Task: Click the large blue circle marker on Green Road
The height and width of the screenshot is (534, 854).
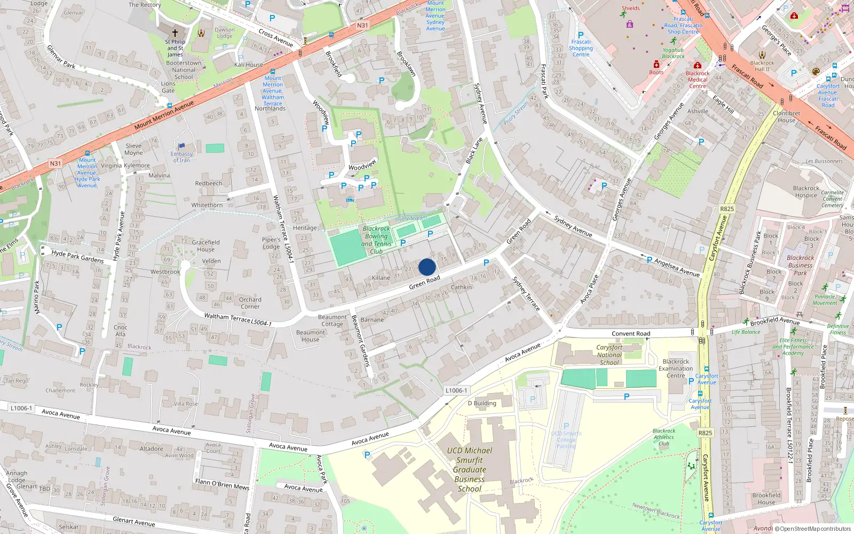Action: [x=427, y=267]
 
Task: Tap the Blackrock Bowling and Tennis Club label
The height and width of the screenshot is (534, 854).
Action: [x=376, y=240]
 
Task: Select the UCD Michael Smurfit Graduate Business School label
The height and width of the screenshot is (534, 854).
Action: [x=470, y=469]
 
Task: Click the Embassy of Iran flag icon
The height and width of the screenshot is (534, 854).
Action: [x=181, y=146]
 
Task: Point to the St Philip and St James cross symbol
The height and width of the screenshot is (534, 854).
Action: [x=175, y=33]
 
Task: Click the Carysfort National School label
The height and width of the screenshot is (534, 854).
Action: [x=610, y=355]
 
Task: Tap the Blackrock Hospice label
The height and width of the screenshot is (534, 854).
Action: [x=806, y=192]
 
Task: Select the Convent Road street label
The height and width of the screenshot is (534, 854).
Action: [x=631, y=334]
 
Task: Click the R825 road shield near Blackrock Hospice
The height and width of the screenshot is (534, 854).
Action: [x=726, y=209]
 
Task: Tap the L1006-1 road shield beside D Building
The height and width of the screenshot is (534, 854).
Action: [x=456, y=390]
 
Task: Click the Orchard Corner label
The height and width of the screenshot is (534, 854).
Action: [x=250, y=303]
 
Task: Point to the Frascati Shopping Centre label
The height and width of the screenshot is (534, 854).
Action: [x=581, y=48]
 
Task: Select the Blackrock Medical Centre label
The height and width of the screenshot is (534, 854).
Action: [x=698, y=80]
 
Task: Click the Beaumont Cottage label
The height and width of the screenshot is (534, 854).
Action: [x=332, y=320]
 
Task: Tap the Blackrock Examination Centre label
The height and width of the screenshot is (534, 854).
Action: [x=676, y=368]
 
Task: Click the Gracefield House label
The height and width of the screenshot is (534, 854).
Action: [x=205, y=246]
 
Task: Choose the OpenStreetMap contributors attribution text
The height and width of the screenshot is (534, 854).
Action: [x=815, y=529]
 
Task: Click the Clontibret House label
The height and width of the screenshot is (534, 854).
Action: [x=786, y=116]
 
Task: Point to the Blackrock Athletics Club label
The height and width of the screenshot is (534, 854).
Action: [x=664, y=437]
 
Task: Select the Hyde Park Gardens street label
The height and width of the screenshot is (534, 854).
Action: [x=78, y=256]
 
